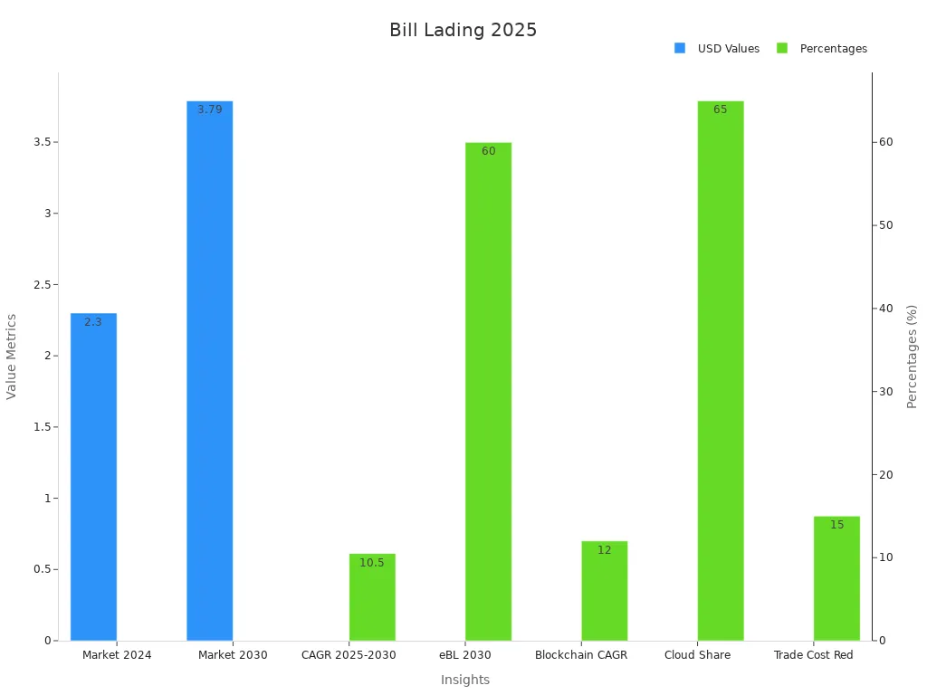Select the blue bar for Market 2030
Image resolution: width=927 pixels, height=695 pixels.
[209, 371]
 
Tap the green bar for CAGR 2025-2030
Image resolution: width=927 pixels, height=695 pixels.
[372, 597]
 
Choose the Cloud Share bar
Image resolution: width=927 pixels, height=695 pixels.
[720, 371]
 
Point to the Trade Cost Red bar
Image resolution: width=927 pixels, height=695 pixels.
[836, 578]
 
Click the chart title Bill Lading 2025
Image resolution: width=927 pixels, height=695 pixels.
[463, 30]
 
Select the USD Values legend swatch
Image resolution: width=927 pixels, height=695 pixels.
[680, 48]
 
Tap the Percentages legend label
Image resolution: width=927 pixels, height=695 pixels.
[833, 49]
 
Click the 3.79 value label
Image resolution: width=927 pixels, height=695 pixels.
[209, 109]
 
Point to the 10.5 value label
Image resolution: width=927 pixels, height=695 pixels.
[372, 563]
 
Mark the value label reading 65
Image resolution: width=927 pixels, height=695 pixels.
[720, 109]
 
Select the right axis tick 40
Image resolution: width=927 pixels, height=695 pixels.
[885, 309]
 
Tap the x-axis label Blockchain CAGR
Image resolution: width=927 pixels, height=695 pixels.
[581, 655]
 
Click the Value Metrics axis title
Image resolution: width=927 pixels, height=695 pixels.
[12, 356]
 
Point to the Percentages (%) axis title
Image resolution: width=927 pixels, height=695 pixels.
[912, 356]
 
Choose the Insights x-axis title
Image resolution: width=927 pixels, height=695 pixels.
[465, 681]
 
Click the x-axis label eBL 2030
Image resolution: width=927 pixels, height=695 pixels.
[464, 655]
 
